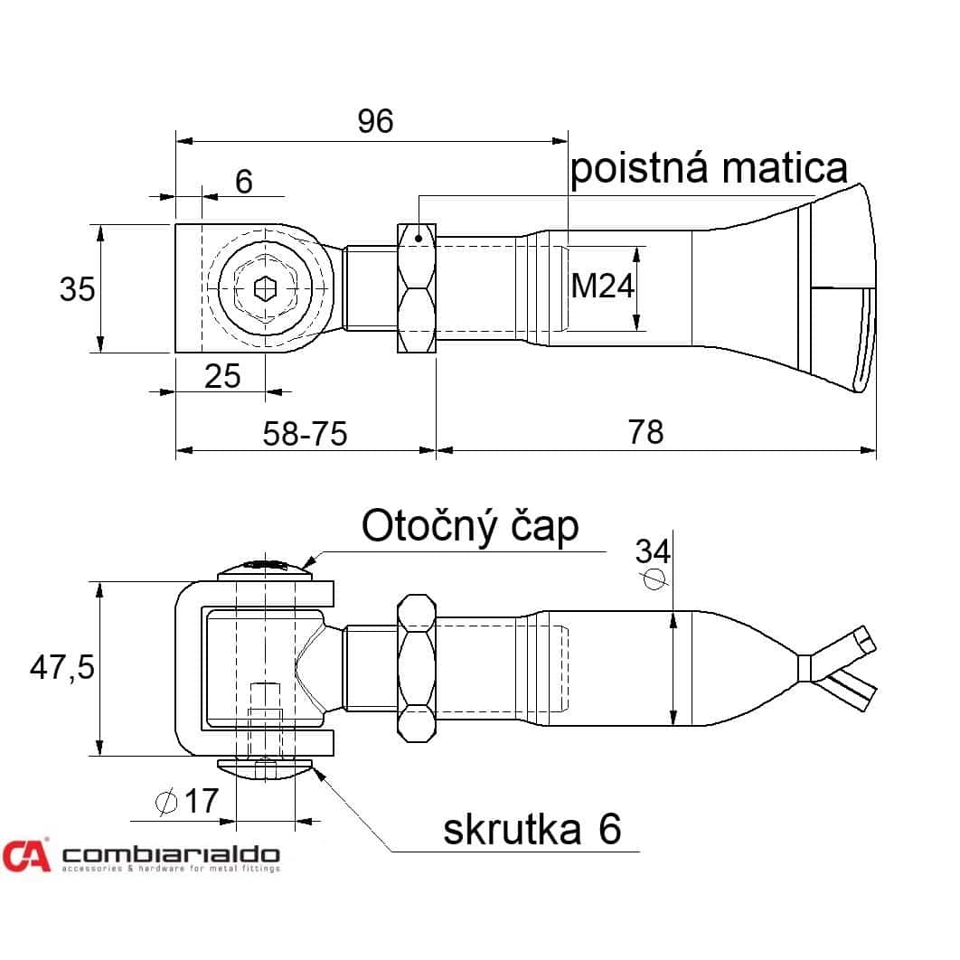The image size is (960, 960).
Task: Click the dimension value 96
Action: pos(375,121)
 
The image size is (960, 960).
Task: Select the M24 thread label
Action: pos(602,286)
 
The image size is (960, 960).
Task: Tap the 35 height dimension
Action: pos(77,289)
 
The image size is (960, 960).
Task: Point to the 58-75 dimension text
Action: pos(305,434)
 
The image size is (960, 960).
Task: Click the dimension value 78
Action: pos(646,431)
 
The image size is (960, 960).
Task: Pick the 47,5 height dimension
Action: pos(61,667)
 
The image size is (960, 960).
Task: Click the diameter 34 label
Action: pos(654,562)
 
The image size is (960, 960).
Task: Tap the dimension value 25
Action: pos(222,376)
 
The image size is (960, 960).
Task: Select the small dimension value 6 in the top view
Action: pos(244,182)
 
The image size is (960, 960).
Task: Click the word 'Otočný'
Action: pos(429,527)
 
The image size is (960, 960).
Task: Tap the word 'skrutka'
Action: pos(512,830)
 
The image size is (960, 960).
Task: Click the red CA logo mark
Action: pos(25,855)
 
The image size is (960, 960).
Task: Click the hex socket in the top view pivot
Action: pos(265,288)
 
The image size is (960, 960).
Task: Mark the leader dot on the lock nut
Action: pos(419,238)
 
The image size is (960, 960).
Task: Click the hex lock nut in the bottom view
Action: pos(417,669)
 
